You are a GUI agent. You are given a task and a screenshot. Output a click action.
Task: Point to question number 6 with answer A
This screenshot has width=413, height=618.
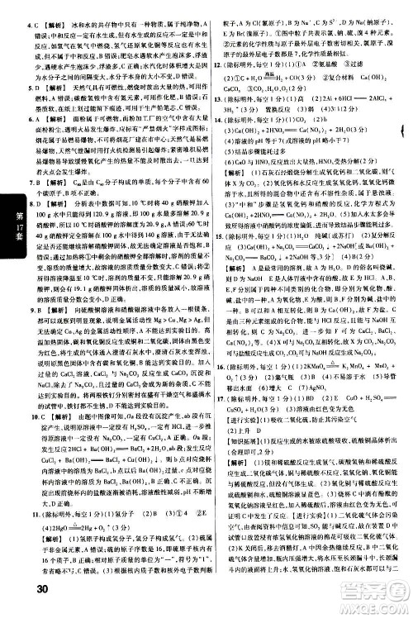coord(31,118)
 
